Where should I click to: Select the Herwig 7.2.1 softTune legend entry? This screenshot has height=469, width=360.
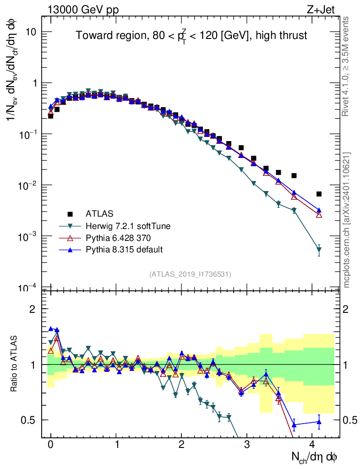[x=125, y=226]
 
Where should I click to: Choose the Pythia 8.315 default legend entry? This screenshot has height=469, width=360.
[x=124, y=250]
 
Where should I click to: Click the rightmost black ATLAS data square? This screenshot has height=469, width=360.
[x=319, y=194]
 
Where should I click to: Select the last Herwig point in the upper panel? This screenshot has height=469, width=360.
[x=319, y=250]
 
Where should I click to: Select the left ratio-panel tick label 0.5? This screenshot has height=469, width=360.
[x=29, y=420]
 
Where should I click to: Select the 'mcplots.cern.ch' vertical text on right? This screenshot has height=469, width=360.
[x=347, y=220]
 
